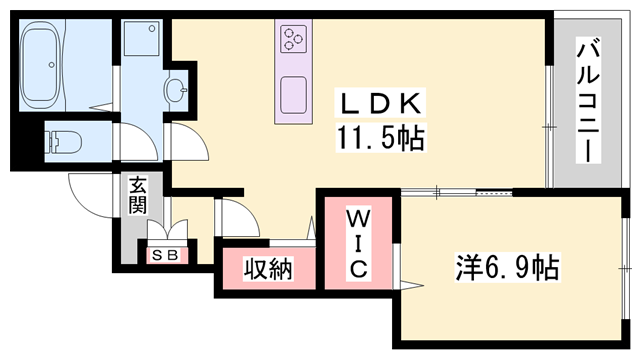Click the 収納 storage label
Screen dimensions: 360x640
point(268,270)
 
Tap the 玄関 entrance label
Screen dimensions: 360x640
point(136,197)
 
